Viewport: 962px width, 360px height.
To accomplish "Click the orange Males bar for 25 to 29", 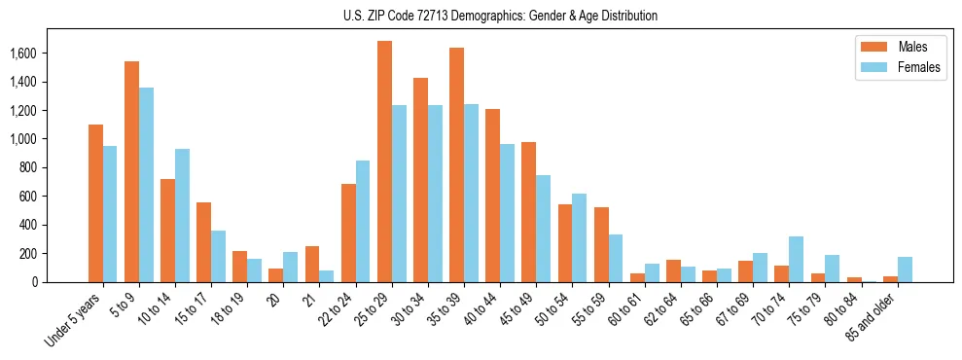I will pos(384,162).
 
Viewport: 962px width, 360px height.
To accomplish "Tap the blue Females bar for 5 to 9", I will pos(146,185).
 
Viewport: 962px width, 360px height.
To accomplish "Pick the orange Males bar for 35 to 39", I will pos(456,165).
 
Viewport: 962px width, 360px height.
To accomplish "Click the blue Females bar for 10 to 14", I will pos(182,216).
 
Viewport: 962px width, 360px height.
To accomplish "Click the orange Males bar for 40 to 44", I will pos(492,196).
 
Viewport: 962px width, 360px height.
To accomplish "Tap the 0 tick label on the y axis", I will pos(60,282).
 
